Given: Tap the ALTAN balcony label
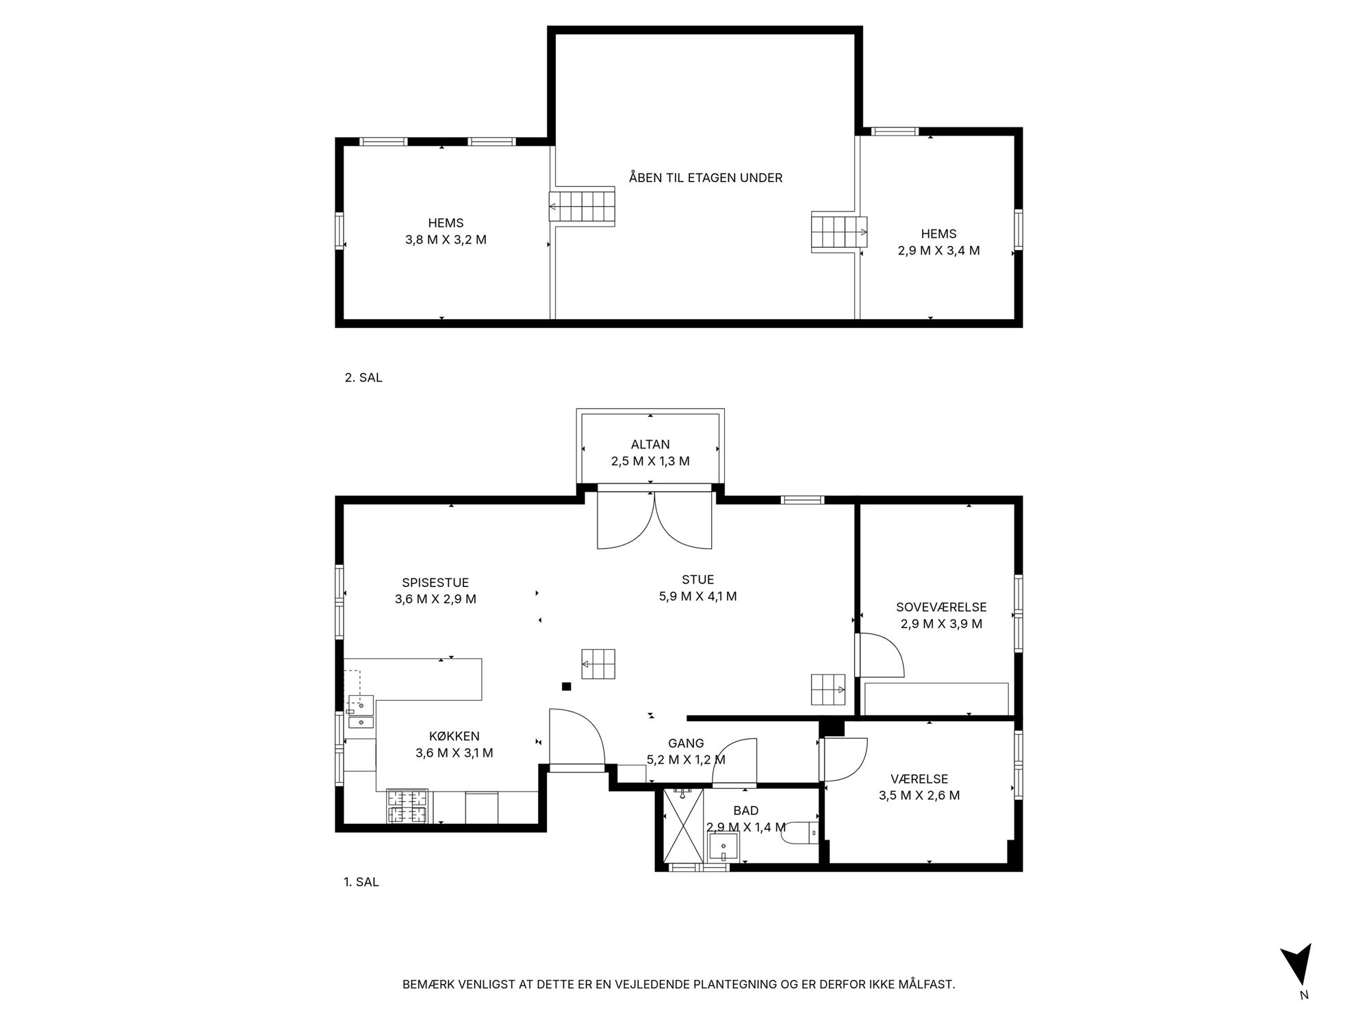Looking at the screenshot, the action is [650, 444].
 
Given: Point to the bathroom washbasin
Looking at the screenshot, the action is [723, 848].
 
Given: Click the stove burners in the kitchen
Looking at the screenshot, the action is [408, 806].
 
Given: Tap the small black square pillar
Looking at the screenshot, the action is [566, 686].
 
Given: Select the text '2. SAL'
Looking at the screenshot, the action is [363, 377].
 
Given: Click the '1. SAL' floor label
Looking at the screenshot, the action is [361, 882].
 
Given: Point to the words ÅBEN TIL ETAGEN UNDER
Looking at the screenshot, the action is [706, 178].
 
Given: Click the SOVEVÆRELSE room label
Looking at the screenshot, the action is [941, 607].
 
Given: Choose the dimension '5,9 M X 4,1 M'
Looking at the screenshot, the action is [698, 596].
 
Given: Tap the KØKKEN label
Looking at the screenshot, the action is [454, 736].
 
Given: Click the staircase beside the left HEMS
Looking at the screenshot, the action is [582, 205].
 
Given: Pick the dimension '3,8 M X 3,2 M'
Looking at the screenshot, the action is [446, 240].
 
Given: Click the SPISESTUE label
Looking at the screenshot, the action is [435, 583].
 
